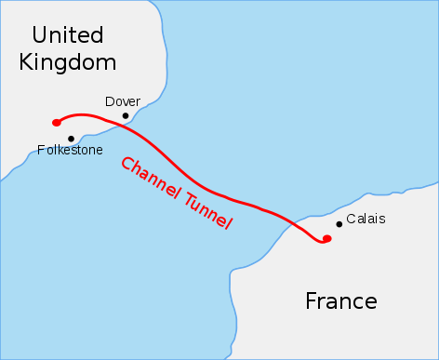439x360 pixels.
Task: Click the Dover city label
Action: (123, 101)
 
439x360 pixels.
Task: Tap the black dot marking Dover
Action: (126, 116)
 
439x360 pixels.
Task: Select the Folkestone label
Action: (71, 150)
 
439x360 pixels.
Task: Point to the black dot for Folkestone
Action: (71, 139)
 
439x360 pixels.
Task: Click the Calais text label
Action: (365, 220)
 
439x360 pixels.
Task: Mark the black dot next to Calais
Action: (338, 223)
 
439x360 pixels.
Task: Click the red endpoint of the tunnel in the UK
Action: (57, 122)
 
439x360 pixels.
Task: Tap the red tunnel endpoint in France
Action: (326, 239)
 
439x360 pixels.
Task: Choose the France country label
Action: (341, 301)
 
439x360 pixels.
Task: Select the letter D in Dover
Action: (110, 101)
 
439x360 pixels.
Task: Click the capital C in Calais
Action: (351, 220)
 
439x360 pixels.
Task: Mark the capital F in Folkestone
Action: (41, 150)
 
